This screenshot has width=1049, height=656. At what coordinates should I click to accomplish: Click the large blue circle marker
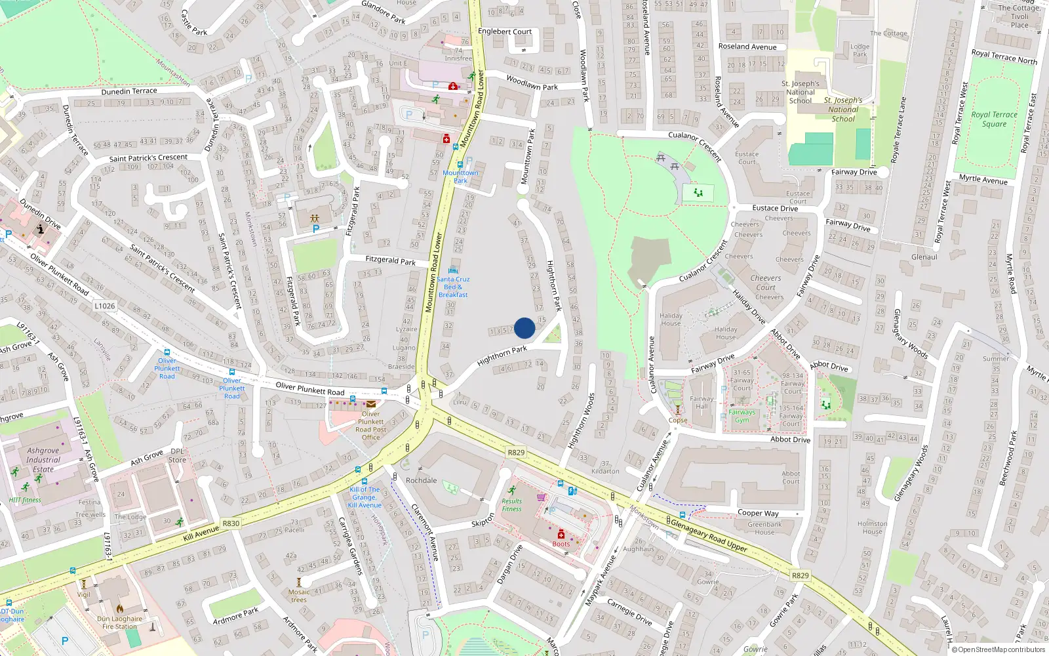(524, 328)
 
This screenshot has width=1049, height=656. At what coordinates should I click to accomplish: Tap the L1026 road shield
(105, 306)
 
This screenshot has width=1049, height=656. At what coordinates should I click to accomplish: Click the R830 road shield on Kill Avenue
(231, 523)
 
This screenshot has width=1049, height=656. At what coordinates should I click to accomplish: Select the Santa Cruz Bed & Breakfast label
(453, 287)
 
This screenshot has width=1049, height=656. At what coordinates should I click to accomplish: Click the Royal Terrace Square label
(994, 119)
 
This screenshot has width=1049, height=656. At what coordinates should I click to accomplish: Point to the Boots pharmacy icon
(561, 535)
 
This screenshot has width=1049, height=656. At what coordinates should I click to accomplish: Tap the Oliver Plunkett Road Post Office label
(371, 426)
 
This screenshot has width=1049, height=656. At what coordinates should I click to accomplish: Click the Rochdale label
(421, 480)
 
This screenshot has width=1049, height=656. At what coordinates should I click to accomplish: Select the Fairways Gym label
(742, 416)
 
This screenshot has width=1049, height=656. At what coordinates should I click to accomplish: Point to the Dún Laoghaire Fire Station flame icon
(120, 609)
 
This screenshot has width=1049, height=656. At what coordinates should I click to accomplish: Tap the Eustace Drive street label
(775, 208)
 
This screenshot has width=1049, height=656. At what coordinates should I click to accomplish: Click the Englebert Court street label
(505, 31)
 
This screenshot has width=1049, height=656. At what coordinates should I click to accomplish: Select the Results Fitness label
(511, 505)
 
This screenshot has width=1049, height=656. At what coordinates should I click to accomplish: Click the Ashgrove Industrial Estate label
(43, 460)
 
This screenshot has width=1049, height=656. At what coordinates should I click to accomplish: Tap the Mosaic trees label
(298, 596)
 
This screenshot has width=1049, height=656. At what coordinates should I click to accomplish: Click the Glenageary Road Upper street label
(708, 534)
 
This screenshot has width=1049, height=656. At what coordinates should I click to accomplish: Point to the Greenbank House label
(764, 528)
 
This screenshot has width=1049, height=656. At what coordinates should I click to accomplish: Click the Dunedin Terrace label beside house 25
(129, 91)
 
